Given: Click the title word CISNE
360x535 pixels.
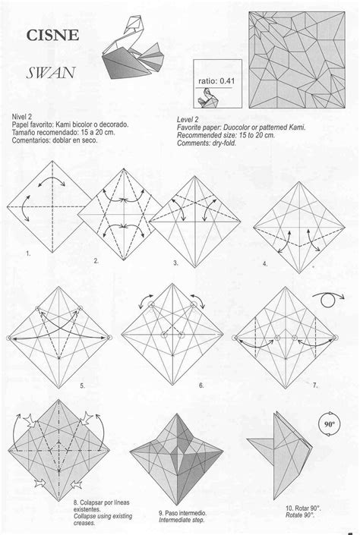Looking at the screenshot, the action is click(52, 35).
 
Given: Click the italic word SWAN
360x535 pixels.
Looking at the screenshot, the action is click(51, 73).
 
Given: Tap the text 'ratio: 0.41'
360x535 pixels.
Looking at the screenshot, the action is click(216, 81).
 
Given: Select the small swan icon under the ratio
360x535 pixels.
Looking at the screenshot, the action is click(207, 98).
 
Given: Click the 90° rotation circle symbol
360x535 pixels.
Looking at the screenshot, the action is click(329, 424).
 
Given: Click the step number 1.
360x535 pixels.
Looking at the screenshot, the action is click(28, 253).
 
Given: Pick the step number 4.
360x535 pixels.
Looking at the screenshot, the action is click(265, 264).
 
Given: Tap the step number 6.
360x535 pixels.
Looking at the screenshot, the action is click(201, 386).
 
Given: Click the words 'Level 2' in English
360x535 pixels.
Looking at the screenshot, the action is click(188, 120).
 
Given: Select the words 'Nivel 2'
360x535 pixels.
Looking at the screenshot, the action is click(21, 117).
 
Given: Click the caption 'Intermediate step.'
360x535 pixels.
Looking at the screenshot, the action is click(182, 520).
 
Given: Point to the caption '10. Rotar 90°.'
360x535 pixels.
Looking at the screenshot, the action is click(303, 508).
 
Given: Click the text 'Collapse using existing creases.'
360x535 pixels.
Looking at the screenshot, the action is click(103, 519).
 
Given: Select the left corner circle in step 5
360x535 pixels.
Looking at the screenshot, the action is click(9, 338).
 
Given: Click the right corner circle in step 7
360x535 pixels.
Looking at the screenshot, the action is click(335, 338).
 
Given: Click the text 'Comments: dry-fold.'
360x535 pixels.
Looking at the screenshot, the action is click(207, 143).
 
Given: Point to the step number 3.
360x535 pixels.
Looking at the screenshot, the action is click(175, 263).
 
